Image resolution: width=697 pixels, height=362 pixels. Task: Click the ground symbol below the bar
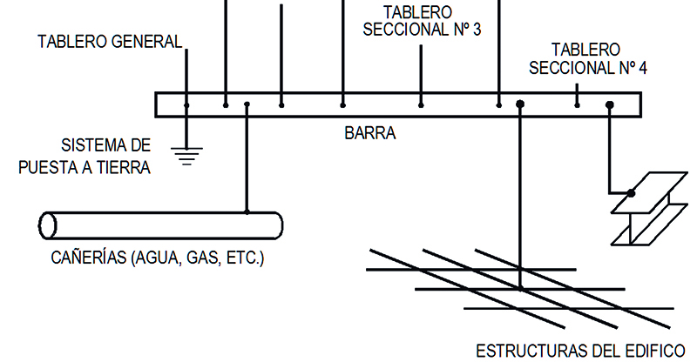pos(186,154)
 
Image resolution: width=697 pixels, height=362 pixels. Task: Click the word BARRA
pos(370,134)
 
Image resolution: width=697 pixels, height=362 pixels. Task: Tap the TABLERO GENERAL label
pos(110,41)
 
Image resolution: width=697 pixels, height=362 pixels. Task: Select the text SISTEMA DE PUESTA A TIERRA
pos(85,156)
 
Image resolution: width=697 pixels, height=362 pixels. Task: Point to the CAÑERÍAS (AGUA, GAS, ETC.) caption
pos(158,258)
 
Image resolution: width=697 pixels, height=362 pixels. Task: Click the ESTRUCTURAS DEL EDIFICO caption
pos(580,351)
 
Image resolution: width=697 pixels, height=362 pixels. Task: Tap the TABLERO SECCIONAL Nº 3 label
pos(421,22)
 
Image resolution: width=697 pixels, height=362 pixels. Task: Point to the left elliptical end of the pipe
pos(48,225)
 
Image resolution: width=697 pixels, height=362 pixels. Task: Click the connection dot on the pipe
pos(247,211)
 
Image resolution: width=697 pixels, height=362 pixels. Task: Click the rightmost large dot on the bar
pos(610,105)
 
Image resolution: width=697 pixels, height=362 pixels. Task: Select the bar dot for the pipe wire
pos(247,105)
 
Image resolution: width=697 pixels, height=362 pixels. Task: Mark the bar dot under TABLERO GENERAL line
pos(186,105)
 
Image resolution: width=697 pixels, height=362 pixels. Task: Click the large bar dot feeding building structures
pos(519,105)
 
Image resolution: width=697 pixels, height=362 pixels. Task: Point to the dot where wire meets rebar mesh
pos(520,288)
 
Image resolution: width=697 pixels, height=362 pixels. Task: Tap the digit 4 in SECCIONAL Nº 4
pos(642,67)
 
